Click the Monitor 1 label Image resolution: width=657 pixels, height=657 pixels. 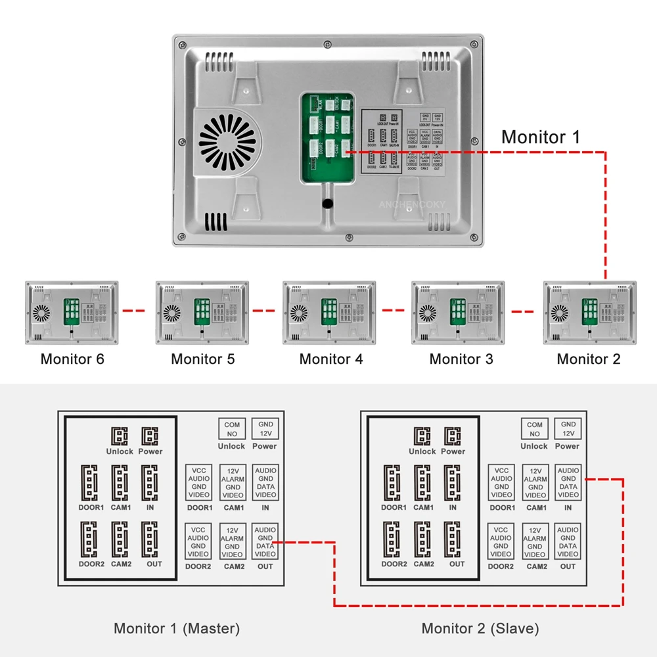click(541, 137)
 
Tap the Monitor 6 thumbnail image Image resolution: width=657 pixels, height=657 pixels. click(72, 313)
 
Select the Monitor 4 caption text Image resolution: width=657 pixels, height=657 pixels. click(330, 359)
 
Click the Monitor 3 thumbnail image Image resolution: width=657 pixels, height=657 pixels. click(459, 313)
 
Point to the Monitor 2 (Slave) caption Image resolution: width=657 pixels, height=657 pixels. click(480, 628)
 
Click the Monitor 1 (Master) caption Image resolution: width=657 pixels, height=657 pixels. click(177, 628)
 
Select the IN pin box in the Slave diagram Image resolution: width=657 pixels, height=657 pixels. click(568, 482)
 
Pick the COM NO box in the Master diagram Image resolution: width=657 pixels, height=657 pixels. click(231, 429)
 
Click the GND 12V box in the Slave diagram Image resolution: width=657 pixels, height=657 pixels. click(568, 429)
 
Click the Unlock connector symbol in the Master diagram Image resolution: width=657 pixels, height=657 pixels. click(120, 436)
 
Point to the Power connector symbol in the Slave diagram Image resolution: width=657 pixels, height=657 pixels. click(453, 436)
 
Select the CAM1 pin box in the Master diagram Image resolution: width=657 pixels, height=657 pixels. click(233, 482)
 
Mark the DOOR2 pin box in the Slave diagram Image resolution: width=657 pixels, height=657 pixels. click(501, 541)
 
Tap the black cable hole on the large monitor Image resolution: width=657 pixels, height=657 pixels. click(327, 204)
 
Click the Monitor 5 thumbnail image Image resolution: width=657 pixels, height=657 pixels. click(202, 313)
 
